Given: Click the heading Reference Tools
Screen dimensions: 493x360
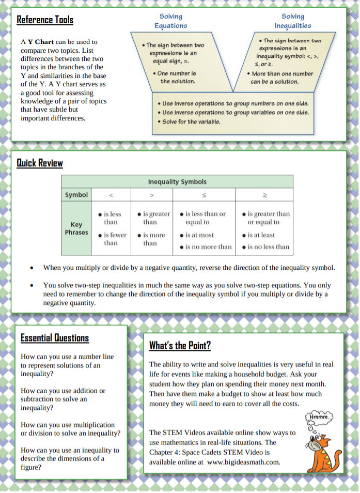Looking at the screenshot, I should click(45, 20).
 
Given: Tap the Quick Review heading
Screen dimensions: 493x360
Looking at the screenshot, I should click(40, 163).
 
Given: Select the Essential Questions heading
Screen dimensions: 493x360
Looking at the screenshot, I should click(55, 338).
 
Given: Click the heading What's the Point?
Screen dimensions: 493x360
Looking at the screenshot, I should click(180, 345).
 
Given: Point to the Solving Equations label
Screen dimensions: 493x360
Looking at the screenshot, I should click(170, 21).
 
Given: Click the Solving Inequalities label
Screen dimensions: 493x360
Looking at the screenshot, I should click(293, 21).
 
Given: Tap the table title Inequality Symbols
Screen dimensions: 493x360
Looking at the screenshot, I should click(177, 181).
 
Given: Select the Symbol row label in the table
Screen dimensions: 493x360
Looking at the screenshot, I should click(76, 195).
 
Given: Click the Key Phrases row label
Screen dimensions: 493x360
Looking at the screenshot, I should click(76, 228).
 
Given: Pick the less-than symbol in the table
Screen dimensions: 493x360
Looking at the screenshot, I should click(111, 195).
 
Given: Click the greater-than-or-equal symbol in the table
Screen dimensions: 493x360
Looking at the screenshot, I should click(265, 195).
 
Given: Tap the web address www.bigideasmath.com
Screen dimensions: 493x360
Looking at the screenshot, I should click(243, 462).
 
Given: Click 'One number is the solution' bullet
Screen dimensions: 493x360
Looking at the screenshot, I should click(177, 78).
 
